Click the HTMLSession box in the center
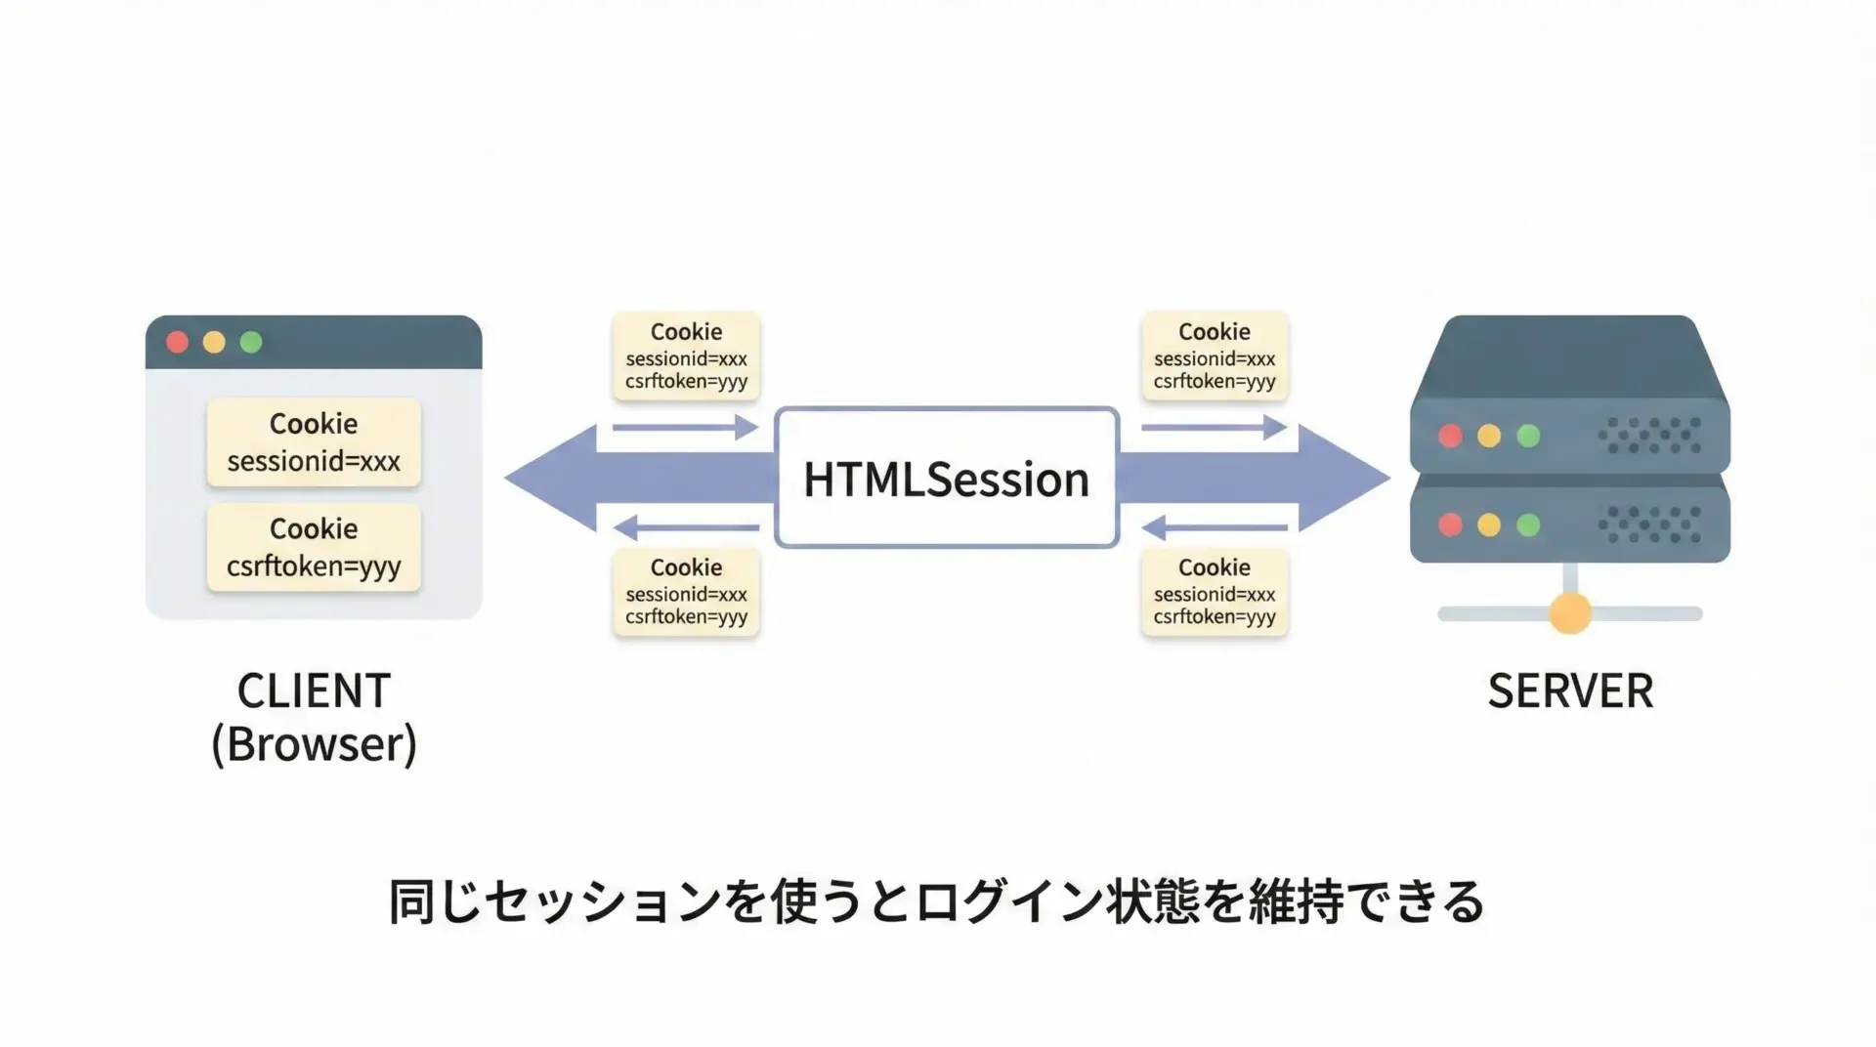(x=946, y=478)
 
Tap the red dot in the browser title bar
(x=177, y=342)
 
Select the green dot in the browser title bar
(x=251, y=342)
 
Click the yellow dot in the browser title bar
(x=214, y=342)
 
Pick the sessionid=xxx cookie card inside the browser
(x=314, y=441)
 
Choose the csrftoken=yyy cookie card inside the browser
(x=314, y=547)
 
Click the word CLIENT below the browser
(x=314, y=691)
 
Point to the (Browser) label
(x=314, y=744)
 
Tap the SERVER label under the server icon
(x=1570, y=691)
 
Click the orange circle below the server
(x=1570, y=612)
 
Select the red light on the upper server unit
(x=1450, y=435)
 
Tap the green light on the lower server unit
(x=1528, y=524)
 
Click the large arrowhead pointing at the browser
(x=551, y=478)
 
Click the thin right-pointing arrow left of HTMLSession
(x=685, y=427)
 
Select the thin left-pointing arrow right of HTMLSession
(x=1215, y=528)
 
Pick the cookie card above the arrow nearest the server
(x=1215, y=356)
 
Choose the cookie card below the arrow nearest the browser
(x=686, y=592)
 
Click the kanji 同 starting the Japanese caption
(x=411, y=900)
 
